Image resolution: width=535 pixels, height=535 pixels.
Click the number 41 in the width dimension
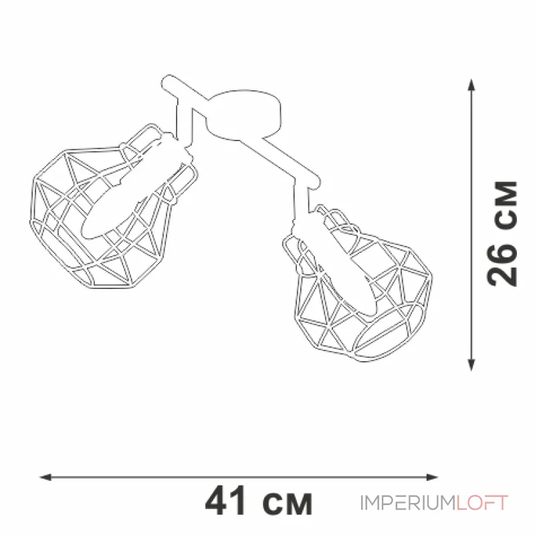(x=225, y=500)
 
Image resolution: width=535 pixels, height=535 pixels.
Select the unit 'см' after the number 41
(x=288, y=504)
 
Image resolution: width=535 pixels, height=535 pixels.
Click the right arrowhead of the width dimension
(x=432, y=477)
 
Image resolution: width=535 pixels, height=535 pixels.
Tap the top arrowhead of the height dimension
(x=471, y=85)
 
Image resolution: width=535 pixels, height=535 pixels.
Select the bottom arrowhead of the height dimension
(x=471, y=364)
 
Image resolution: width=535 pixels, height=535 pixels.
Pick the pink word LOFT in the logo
(x=482, y=503)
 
